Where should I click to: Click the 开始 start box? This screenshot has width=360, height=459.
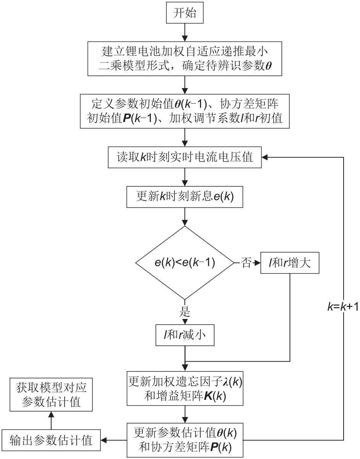coord(185,14)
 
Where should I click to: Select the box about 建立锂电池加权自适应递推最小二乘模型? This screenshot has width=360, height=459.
coord(185,60)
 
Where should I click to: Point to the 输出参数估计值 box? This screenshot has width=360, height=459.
coord(52,441)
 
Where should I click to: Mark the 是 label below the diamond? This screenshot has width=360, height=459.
coord(185,311)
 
